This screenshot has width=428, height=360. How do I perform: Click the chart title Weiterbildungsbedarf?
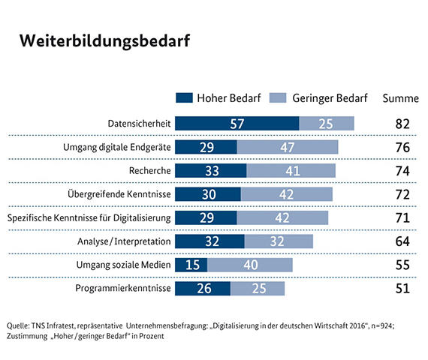[x=104, y=40]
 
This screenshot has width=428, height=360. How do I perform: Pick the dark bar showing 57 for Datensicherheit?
[x=237, y=123]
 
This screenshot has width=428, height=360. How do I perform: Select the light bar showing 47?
[x=288, y=147]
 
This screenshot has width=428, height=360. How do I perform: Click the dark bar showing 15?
[x=191, y=265]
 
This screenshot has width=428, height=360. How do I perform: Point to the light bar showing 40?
[x=250, y=265]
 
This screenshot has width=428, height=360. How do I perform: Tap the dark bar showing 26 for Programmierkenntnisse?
[x=202, y=289]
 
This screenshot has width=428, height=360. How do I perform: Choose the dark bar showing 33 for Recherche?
[x=210, y=170]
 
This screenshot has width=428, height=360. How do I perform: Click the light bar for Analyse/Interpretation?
[x=279, y=241]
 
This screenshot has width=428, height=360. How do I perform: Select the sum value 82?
[x=402, y=124]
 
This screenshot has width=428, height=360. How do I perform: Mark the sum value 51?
[x=402, y=289]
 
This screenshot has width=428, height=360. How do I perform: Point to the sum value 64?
[x=402, y=241]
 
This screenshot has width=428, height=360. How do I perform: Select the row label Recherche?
[x=150, y=170]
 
